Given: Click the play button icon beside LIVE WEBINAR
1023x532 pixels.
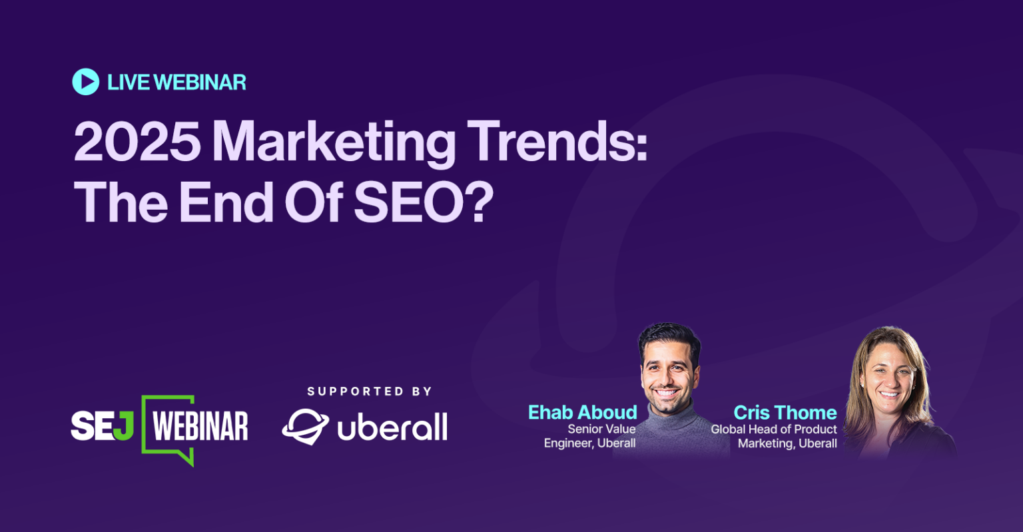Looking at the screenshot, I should click(85, 82).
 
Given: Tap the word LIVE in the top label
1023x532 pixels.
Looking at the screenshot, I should click(129, 83).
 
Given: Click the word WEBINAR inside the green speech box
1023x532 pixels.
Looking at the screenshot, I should click(200, 426).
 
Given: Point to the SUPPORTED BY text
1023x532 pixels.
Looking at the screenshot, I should click(369, 392).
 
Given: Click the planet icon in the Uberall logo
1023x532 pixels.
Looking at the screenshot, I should click(305, 426).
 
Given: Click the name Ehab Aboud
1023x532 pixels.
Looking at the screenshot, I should click(582, 412).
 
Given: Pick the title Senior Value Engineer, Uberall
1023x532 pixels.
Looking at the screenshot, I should click(590, 436).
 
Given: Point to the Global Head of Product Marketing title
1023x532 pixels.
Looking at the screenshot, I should click(774, 436).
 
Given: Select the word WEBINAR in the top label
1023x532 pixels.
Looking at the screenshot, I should click(200, 83).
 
